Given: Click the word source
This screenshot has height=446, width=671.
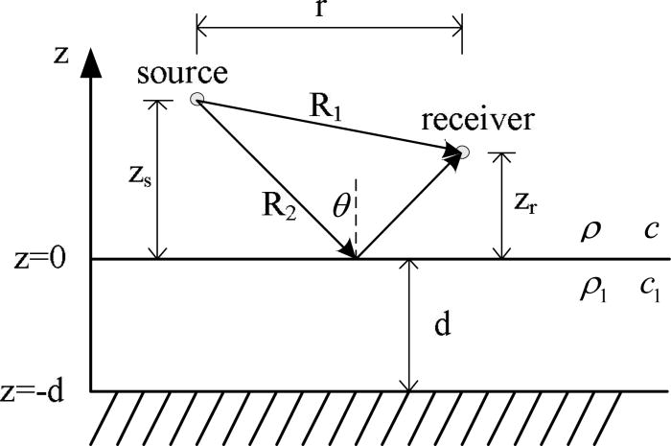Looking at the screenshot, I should (182, 73).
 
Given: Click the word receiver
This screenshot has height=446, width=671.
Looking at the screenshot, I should (480, 122).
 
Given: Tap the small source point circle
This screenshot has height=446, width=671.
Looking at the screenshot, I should (197, 99).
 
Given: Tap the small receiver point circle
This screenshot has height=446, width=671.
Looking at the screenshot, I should (464, 151).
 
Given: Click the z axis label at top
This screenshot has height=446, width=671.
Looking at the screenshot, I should (61, 54).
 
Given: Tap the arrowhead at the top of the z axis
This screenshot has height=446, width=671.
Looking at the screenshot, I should (91, 63).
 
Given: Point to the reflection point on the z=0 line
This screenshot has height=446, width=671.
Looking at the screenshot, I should (357, 258).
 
